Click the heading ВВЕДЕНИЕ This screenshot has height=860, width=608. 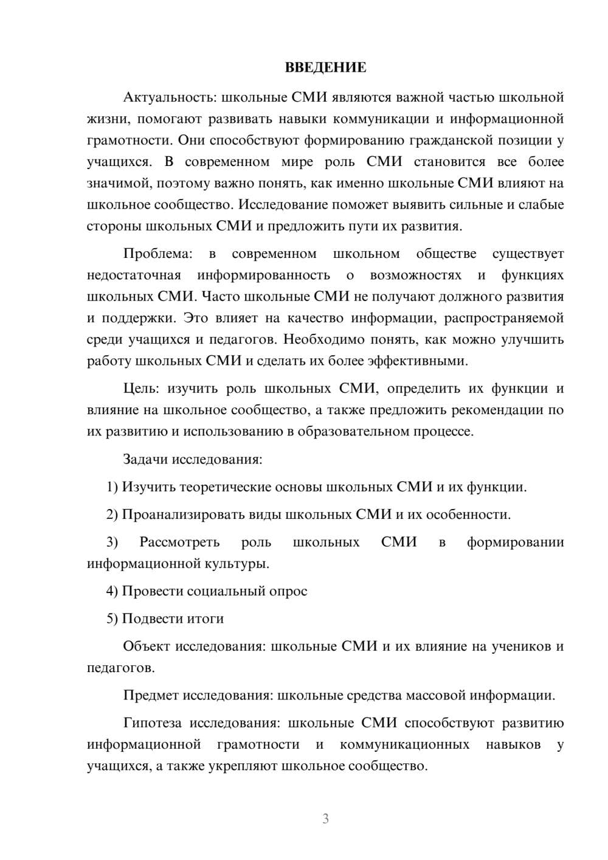325,68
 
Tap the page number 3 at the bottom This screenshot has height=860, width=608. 325,819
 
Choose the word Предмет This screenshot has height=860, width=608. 151,695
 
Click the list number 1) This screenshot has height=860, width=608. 112,487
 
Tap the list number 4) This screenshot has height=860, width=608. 112,591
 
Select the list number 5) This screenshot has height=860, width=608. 112,619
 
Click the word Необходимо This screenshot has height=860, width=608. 325,339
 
